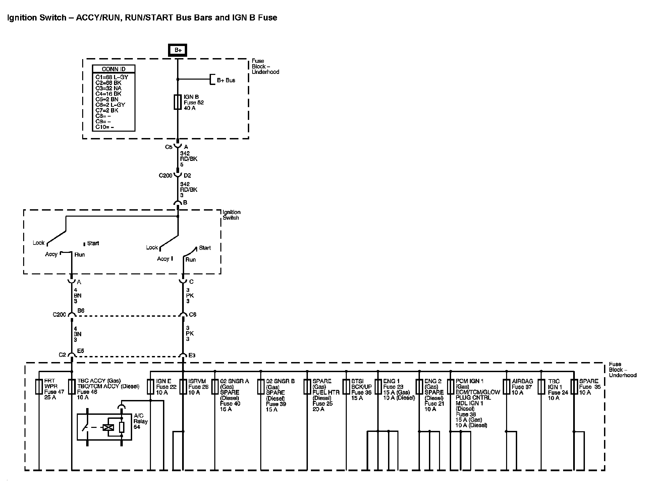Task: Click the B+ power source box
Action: coord(177,50)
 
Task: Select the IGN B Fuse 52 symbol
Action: coord(177,102)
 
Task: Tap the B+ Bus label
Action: coord(226,80)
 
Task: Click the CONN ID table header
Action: coord(113,69)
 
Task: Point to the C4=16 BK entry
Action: coord(108,94)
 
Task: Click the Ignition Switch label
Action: coord(231,215)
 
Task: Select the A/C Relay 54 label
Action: coord(141,421)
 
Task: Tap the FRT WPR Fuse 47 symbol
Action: coord(39,387)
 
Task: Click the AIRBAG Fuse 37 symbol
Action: coord(506,387)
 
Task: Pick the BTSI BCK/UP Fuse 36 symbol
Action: coord(346,387)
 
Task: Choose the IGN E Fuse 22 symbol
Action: coord(151,387)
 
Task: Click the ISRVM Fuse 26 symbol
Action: coord(183,387)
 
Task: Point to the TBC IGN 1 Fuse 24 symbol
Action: coord(541,387)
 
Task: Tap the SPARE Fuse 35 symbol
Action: coord(574,387)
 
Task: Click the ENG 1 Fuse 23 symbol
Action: coord(378,387)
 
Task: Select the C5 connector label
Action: coord(168,147)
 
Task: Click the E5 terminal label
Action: coord(80,351)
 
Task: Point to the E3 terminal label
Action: coord(192,355)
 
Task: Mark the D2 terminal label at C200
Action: coord(187,175)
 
